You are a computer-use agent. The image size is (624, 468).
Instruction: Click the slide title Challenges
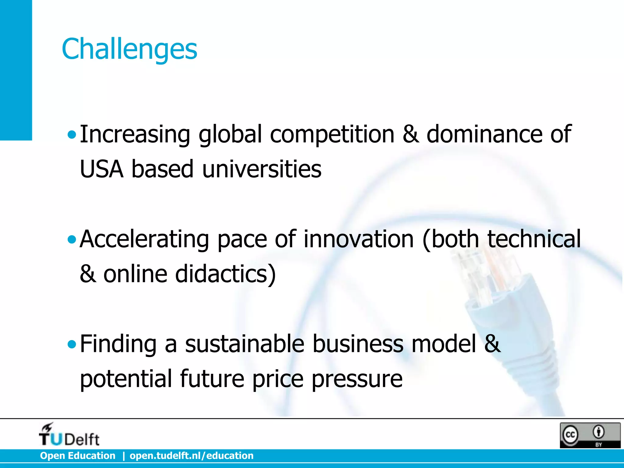coord(129,49)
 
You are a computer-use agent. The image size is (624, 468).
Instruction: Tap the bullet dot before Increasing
coord(72,134)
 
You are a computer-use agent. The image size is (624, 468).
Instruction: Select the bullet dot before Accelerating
coord(72,239)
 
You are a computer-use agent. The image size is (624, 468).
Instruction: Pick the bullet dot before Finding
coord(72,345)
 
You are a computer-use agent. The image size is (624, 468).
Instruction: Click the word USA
coord(101,169)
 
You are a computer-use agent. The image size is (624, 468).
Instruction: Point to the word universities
coord(261,169)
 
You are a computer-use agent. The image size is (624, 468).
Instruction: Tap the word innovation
coord(358,239)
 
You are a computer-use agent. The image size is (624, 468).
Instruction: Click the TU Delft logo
coord(69,435)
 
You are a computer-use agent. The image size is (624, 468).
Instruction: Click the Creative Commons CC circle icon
coord(570,435)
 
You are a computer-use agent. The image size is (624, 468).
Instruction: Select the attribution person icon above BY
coord(599,432)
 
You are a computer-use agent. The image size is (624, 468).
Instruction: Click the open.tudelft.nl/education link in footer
coord(191,456)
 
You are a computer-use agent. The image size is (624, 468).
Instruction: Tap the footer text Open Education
coord(78,456)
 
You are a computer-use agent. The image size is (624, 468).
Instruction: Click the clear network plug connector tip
coord(484,268)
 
